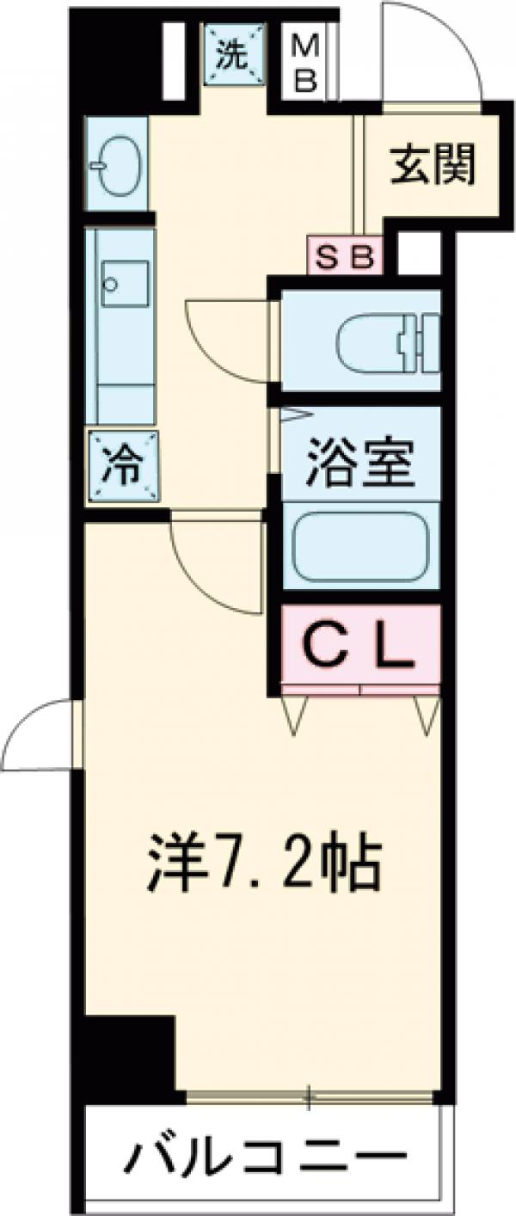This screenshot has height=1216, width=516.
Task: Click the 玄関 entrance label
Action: click(433, 165)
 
